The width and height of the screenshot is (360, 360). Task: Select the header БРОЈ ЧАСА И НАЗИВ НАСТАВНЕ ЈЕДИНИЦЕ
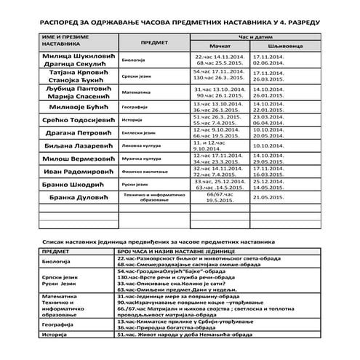179,252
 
